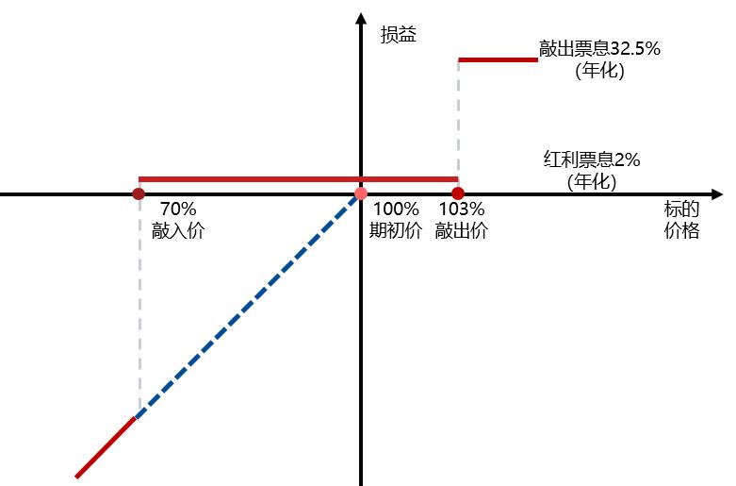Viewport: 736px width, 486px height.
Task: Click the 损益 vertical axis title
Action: click(x=398, y=36)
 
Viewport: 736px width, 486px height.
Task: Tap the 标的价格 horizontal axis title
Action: click(x=680, y=221)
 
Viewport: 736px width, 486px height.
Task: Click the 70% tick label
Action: click(x=178, y=209)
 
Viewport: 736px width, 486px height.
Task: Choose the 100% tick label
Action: click(x=396, y=209)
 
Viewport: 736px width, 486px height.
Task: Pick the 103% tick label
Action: click(x=461, y=209)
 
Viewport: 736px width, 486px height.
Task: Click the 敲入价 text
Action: click(x=178, y=231)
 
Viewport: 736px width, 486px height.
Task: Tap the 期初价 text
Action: click(x=396, y=231)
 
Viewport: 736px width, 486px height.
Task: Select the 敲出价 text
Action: click(x=461, y=231)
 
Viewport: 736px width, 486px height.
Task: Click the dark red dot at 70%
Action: click(x=139, y=193)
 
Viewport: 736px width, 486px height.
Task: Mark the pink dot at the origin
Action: click(x=360, y=193)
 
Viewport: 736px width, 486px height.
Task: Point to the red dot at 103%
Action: click(x=458, y=193)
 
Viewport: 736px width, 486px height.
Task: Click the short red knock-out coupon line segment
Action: click(x=498, y=59)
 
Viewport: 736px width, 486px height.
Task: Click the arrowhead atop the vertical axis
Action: click(x=361, y=19)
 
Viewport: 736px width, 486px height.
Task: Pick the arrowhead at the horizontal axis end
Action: click(x=717, y=193)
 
